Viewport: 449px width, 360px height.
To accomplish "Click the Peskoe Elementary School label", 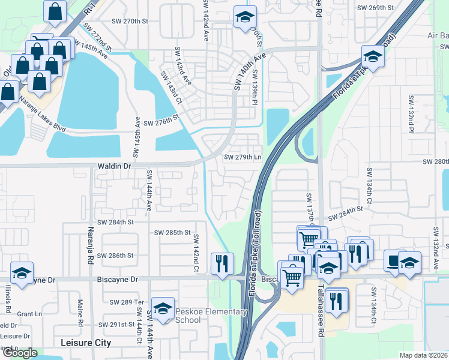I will (x=211, y=316).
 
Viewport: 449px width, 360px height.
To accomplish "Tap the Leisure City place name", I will (x=86, y=343).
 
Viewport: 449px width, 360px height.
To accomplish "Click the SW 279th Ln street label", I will (x=243, y=157).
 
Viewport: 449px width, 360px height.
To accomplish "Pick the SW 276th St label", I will (x=161, y=123).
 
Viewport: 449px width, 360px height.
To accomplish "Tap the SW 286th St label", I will (x=117, y=256).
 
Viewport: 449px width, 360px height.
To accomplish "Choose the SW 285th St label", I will (x=172, y=232).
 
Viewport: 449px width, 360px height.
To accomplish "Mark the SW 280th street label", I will (x=436, y=162).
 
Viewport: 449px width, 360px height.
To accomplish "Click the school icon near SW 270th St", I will (x=244, y=17).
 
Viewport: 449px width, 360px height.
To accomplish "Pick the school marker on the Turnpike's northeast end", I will (x=373, y=57).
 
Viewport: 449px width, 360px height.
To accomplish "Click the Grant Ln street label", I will (x=29, y=314).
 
